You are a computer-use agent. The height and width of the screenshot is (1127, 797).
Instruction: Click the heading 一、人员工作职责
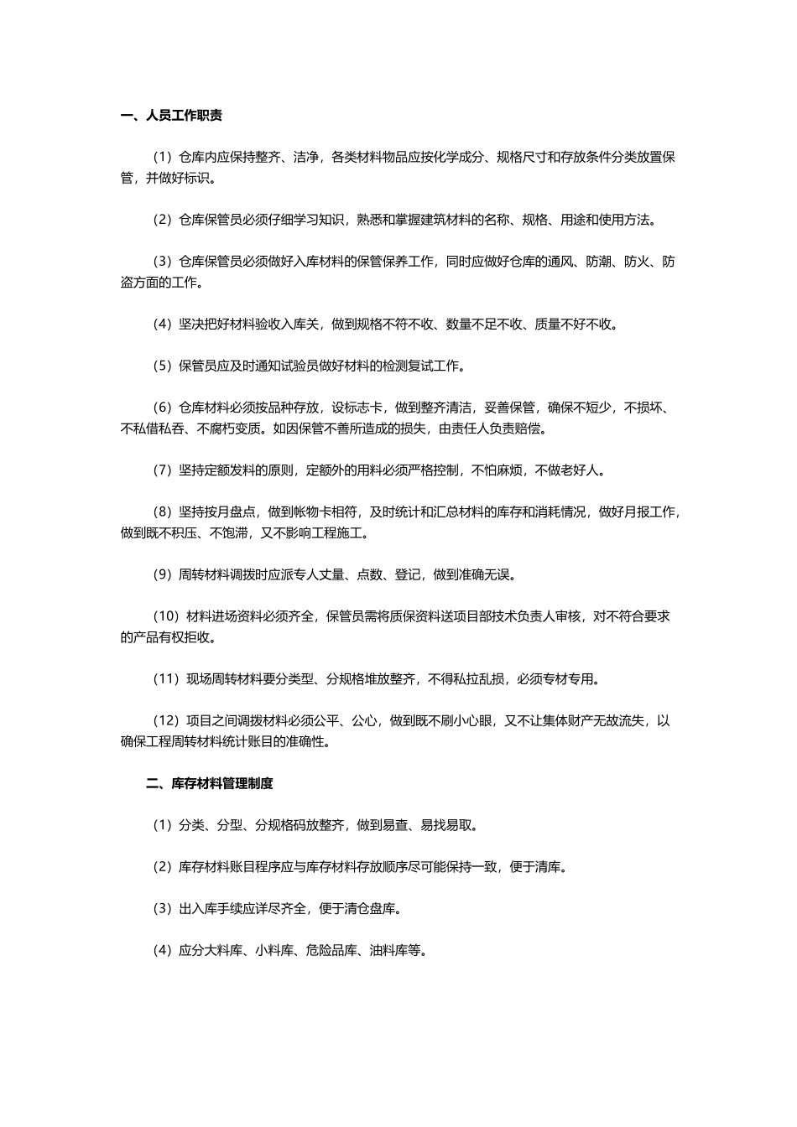coord(172,116)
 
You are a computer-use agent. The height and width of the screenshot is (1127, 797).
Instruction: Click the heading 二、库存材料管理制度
coord(209,784)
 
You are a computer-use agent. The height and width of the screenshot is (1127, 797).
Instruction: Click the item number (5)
coord(162,366)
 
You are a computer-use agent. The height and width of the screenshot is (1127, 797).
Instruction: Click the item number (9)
coord(162,575)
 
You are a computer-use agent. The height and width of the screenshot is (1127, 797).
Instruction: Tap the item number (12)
coord(165,721)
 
